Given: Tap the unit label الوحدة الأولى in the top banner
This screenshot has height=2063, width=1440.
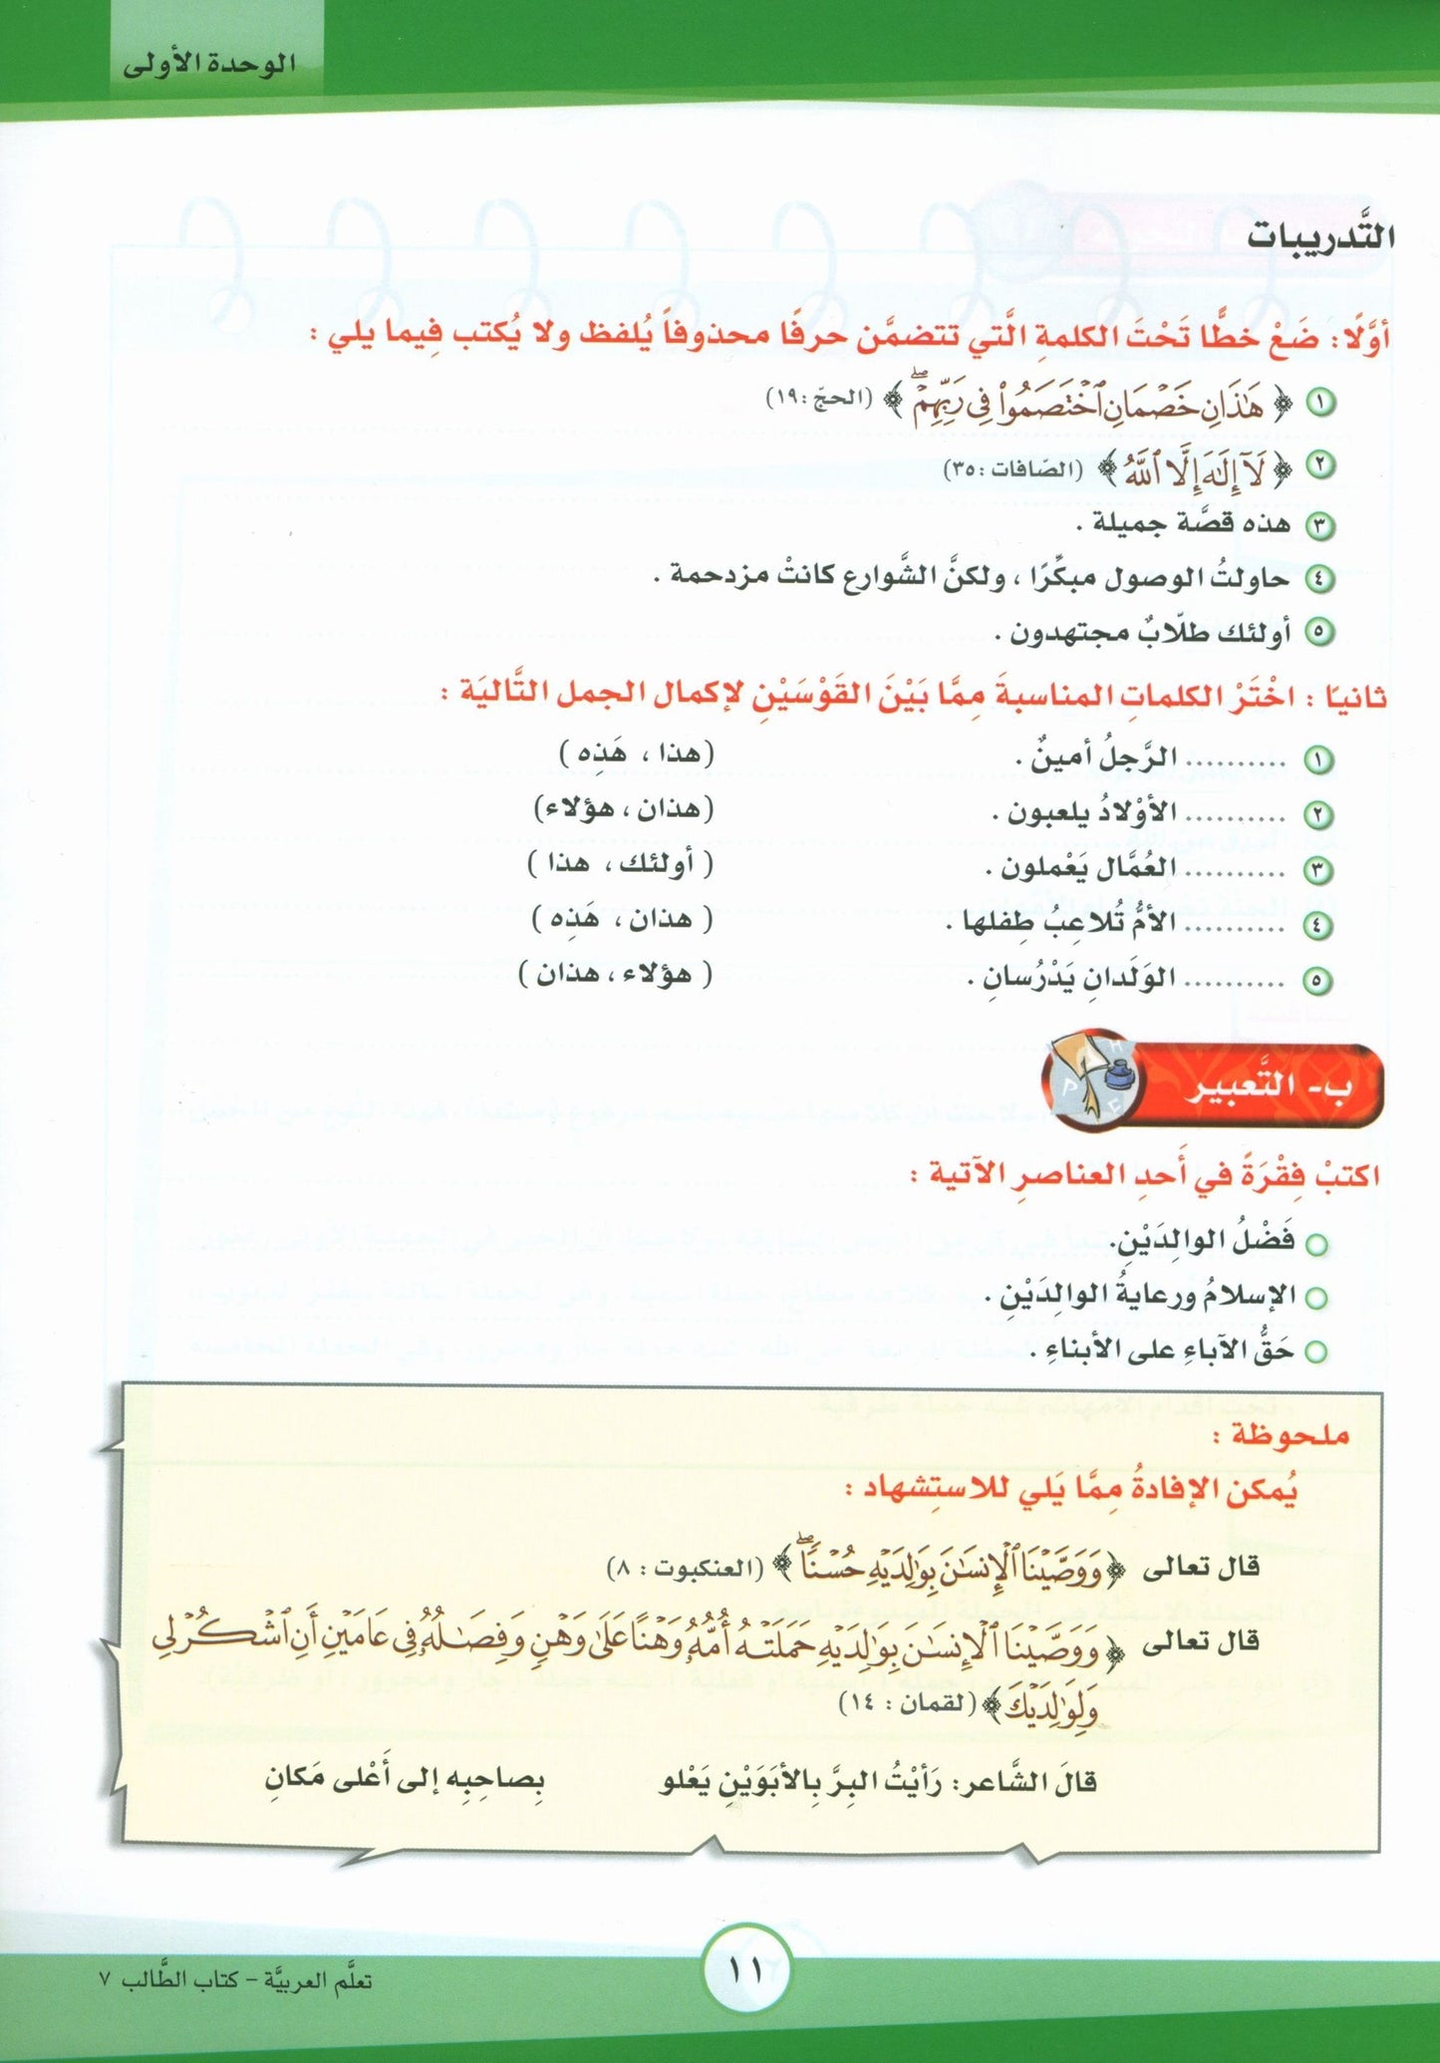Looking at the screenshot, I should [x=209, y=66].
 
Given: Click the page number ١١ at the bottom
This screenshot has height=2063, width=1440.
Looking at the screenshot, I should [x=745, y=1970].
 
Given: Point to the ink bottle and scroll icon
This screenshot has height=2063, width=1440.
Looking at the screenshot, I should [x=1094, y=1084].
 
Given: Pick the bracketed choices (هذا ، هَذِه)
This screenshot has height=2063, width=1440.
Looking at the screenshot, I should [x=637, y=752].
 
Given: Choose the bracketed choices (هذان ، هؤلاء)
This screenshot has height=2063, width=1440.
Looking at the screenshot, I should [x=625, y=808].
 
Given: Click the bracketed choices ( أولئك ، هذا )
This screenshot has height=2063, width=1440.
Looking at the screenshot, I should [x=620, y=863].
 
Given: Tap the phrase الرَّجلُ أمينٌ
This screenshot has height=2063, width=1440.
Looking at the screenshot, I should [x=1096, y=758].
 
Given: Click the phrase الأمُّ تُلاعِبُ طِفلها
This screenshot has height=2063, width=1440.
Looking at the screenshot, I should [x=1062, y=924].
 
